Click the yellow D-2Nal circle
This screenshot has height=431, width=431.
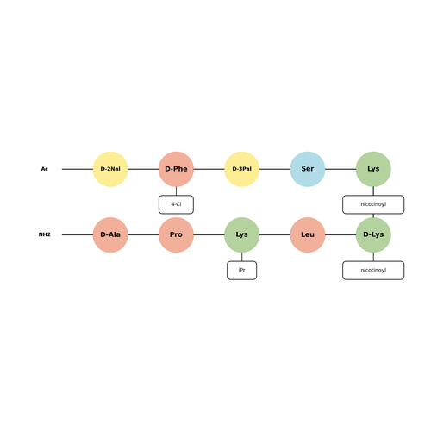coord(110,169)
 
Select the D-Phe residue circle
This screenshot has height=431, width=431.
coord(176,169)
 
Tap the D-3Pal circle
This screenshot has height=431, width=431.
coord(242,169)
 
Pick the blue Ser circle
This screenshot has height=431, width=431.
coord(308,169)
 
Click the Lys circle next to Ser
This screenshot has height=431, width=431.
coord(373,169)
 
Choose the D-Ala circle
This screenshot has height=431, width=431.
coord(110,234)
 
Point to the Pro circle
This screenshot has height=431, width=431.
coord(176,234)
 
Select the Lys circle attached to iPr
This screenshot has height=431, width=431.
coord(242,234)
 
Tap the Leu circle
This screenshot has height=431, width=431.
coord(308,234)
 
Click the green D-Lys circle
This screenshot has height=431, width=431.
coord(373,234)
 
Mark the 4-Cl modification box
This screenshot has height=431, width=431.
coord(176,204)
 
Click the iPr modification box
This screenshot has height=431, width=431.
coord(242,270)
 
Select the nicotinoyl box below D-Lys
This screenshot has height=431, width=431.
coord(373,270)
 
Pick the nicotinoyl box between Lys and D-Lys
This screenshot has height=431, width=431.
coord(373,204)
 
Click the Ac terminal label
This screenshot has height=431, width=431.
coord(45,169)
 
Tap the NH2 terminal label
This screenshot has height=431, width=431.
coord(45,234)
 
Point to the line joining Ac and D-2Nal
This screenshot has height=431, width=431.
coord(78,169)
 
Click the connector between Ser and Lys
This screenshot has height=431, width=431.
coord(340,169)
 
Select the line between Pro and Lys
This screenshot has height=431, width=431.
coord(209,234)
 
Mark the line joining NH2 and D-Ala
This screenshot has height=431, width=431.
coord(78,234)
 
